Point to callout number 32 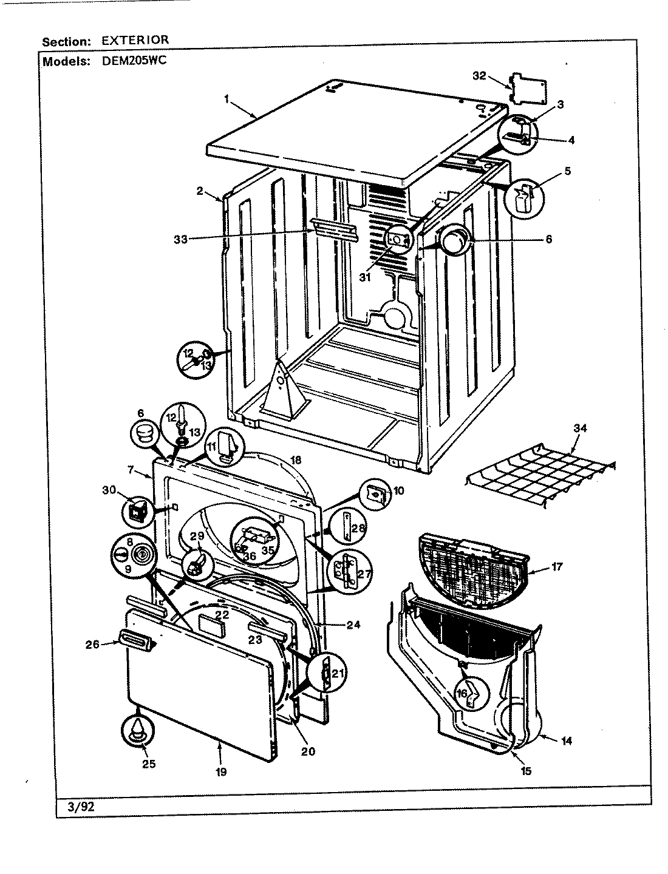coord(479,76)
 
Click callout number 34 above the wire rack coord(581,429)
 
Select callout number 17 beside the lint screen coord(557,567)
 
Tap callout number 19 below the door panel coord(220,771)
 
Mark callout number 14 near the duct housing coord(566,740)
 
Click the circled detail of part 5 coord(523,198)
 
